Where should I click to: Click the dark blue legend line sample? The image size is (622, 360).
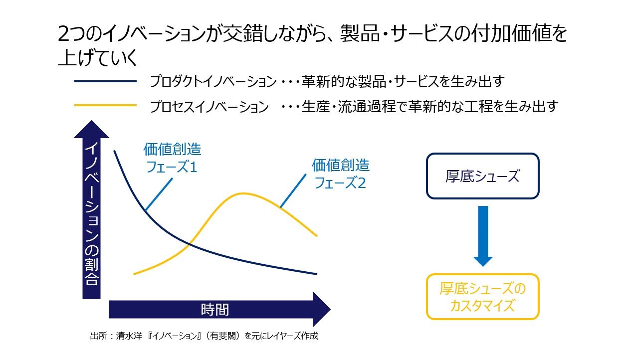106,81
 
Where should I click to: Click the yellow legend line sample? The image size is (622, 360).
106,105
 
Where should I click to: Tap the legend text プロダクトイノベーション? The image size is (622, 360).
213,82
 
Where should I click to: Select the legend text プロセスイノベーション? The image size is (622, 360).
209,107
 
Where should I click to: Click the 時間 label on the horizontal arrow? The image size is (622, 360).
215,310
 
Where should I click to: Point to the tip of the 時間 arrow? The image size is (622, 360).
330,309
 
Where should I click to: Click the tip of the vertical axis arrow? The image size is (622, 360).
91,121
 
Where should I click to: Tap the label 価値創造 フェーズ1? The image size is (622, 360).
172,158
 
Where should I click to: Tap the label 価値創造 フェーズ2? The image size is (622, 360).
341,174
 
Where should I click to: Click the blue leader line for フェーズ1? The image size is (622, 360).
159,194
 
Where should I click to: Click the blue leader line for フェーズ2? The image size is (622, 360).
293,190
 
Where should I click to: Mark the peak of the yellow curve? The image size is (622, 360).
243,193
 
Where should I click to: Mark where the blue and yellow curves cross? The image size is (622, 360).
190,244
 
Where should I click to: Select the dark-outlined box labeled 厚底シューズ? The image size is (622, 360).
483,176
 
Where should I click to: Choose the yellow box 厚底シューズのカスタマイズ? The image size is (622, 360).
483,297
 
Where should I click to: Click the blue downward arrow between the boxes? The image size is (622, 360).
483,236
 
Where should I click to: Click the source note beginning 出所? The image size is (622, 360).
204,336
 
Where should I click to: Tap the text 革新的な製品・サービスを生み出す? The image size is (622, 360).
403,82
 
